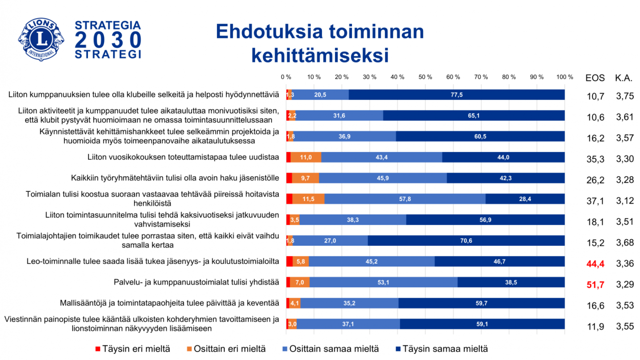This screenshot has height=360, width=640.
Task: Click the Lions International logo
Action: pyautogui.click(x=40, y=39)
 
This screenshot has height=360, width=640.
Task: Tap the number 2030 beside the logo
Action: pyautogui.click(x=108, y=41)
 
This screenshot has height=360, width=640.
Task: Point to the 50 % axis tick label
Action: pyautogui.click(x=426, y=77)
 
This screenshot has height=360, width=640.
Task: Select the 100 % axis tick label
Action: pyautogui.click(x=565, y=77)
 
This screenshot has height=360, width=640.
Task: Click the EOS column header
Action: pyautogui.click(x=595, y=78)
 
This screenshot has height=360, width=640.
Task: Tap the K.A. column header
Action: pyautogui.click(x=624, y=78)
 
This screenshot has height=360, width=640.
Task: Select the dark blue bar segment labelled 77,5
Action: pyautogui.click(x=456, y=95)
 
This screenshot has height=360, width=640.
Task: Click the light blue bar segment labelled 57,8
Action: pyautogui.click(x=405, y=199)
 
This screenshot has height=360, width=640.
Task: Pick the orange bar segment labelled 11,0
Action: pyautogui.click(x=306, y=157)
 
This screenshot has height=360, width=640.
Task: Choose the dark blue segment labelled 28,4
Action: pyautogui.click(x=525, y=199)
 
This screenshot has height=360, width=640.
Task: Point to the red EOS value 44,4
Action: pyautogui.click(x=595, y=264)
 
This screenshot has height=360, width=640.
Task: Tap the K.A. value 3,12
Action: pyautogui.click(x=624, y=201)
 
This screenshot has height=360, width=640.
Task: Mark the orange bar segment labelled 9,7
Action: pyautogui.click(x=305, y=178)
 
